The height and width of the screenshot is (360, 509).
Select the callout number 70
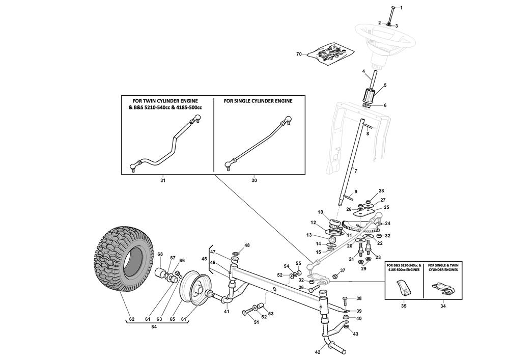pyautogui.click(x=299, y=54)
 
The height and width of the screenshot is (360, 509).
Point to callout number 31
pyautogui.click(x=163, y=180)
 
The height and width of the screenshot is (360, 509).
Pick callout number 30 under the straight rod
pyautogui.click(x=254, y=180)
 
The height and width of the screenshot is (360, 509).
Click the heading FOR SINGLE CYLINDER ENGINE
pyautogui.click(x=258, y=101)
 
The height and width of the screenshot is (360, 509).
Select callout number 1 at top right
pyautogui.click(x=401, y=8)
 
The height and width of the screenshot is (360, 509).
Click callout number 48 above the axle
pyautogui.click(x=247, y=245)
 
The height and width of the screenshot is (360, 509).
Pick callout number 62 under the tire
pyautogui.click(x=131, y=320)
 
